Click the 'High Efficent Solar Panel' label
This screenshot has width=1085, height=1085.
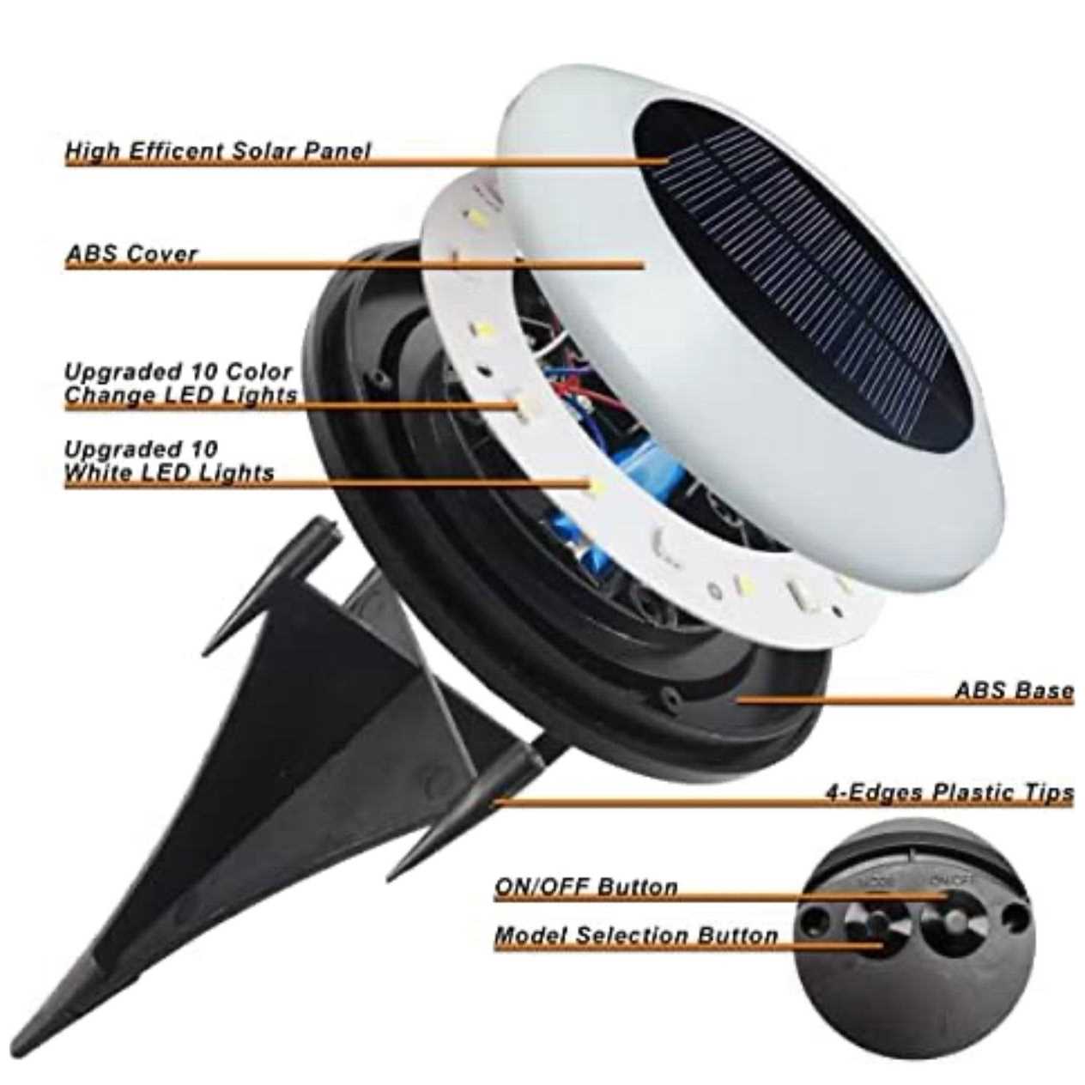218,151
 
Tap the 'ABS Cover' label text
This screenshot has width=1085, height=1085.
131,254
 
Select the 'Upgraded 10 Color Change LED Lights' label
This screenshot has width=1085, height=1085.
179,383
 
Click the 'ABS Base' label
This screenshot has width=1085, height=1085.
1014,691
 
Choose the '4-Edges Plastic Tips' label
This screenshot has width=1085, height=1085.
949,792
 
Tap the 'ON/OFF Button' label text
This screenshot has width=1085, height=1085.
585,886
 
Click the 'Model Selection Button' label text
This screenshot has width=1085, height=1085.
636,936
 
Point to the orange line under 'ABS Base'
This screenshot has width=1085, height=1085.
901,701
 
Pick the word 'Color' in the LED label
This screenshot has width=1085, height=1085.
258,373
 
